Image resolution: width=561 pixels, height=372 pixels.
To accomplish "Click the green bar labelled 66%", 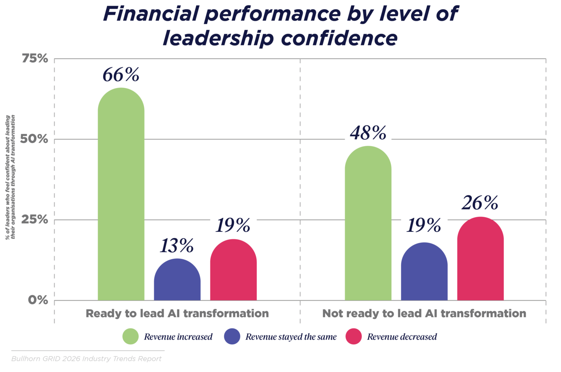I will pos(121,195).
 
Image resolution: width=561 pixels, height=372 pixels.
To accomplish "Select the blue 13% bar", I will pos(177,280).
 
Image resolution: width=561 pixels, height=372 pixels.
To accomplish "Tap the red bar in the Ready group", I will pos(233,270).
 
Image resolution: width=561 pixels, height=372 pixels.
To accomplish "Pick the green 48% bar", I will pos(368,224).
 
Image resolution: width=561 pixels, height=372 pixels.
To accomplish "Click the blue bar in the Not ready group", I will pos(424,272).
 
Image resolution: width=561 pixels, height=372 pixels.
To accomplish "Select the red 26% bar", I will pos(480,259).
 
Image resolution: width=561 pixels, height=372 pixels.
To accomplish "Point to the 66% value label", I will pos(121,74).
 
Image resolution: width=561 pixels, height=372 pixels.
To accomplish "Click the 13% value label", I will pos(177,246).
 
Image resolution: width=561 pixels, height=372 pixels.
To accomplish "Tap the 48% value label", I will pos(368,133).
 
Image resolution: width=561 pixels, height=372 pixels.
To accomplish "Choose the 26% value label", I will pos(480,202).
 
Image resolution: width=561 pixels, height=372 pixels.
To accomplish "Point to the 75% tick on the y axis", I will pos(35,59).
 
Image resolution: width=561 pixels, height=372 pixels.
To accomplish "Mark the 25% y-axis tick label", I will pos(35,220).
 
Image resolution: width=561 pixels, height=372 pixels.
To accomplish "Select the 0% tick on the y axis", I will pos(38,300).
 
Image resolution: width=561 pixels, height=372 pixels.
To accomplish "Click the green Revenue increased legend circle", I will pos(131,337).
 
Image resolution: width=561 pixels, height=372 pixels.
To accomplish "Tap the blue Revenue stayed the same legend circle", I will pos(232,337).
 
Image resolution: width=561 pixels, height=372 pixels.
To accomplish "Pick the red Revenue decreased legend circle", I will pos(354,337).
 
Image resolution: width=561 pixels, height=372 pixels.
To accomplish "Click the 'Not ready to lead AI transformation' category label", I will pos(424,314).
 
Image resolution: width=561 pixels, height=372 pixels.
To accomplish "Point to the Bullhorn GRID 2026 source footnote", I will pos(86,359).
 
